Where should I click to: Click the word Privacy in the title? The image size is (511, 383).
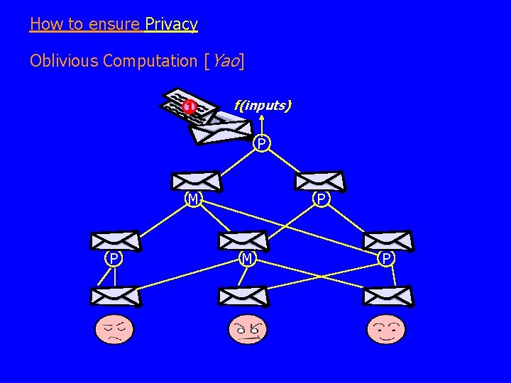pos(170,24)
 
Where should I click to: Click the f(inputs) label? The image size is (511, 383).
pos(263,106)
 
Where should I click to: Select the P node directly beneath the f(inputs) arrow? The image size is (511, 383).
pos(261,144)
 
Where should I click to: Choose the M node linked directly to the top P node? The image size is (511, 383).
pos(192,199)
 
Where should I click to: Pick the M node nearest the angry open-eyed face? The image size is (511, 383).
pos(246,259)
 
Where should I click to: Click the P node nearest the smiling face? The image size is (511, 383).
pos(387,258)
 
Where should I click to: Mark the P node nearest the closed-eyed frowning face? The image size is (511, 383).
pos(113,258)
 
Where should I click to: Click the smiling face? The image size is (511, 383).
pos(385,329)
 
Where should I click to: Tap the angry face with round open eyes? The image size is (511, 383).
pos(247,329)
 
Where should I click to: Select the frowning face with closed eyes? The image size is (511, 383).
pos(114,329)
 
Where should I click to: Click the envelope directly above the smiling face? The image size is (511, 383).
pos(388,295)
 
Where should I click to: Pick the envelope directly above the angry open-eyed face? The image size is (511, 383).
pos(243,295)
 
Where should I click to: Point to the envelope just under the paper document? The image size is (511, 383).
pos(222,129)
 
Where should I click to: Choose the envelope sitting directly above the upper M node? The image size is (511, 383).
pos(197,181)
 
